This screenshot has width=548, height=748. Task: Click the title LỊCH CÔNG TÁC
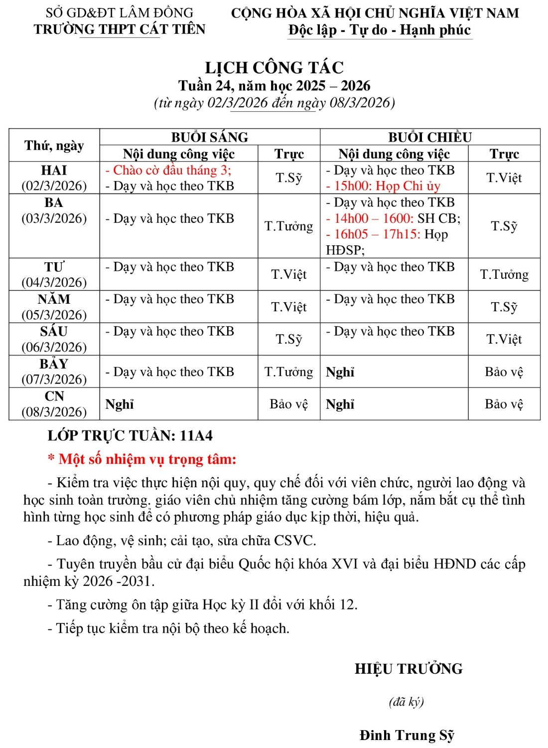click(274, 67)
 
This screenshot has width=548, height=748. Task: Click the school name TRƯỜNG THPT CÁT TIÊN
click(120, 29)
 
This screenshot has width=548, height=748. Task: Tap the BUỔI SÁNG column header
click(209, 137)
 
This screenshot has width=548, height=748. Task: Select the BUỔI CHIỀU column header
click(430, 137)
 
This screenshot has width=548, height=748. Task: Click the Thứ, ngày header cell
click(54, 146)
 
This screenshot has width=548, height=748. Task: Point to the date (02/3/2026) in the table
click(54, 186)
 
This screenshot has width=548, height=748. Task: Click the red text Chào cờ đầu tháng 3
click(168, 170)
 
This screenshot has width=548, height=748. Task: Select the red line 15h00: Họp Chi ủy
click(383, 186)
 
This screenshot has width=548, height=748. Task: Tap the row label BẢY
click(54, 364)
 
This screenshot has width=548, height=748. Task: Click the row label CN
click(54, 396)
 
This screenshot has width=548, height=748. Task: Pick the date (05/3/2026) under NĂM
click(54, 315)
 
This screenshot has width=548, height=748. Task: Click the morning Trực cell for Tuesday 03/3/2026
click(288, 226)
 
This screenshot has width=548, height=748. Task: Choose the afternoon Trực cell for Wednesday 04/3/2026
click(504, 275)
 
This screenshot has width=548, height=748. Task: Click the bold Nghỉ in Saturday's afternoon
click(340, 372)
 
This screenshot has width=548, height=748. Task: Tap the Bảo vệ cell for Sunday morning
click(288, 404)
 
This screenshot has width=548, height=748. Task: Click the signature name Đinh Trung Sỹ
click(407, 735)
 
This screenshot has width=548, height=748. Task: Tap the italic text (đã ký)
click(406, 702)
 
